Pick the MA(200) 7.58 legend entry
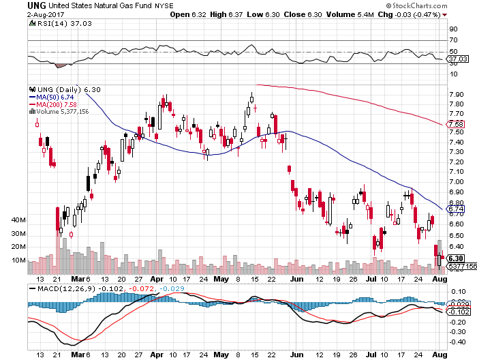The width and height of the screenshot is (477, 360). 53,104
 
